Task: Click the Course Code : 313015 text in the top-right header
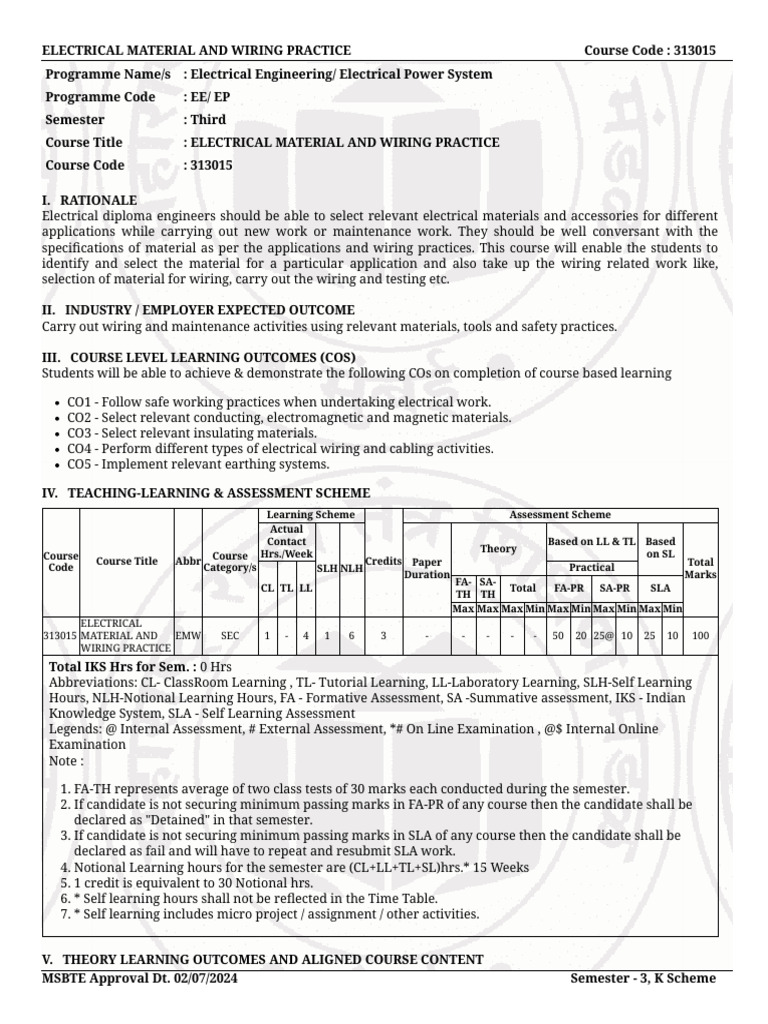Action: click(x=649, y=51)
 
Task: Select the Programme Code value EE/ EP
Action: click(x=207, y=97)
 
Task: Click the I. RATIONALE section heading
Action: click(x=89, y=201)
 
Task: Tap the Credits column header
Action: click(x=383, y=562)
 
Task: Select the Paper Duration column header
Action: click(x=427, y=569)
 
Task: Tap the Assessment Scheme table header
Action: click(x=560, y=515)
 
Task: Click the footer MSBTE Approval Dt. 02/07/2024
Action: click(x=140, y=979)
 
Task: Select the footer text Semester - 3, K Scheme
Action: click(x=643, y=979)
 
